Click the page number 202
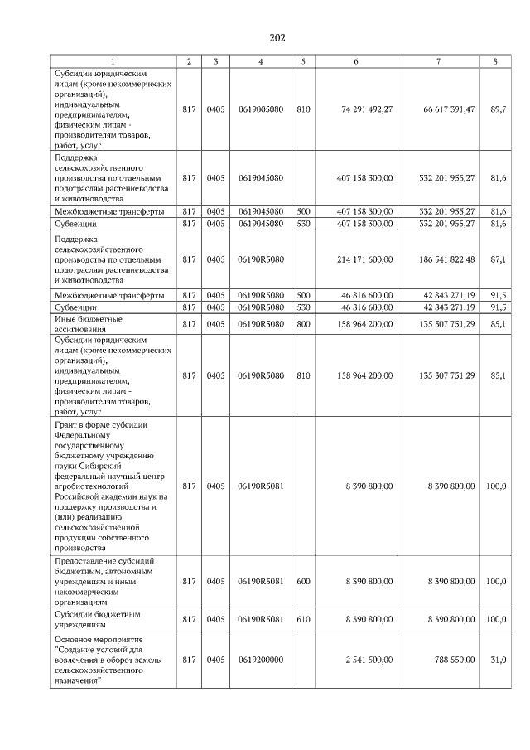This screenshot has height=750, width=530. click(277, 38)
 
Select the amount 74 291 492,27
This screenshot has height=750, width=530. click(366, 109)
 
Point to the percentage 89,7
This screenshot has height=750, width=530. click(498, 109)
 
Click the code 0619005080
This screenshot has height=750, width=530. click(261, 109)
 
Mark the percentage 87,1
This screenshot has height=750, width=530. click(498, 259)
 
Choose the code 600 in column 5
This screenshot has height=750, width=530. click(303, 582)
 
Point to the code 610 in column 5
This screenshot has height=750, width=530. click(303, 619)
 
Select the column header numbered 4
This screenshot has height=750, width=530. click(261, 61)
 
